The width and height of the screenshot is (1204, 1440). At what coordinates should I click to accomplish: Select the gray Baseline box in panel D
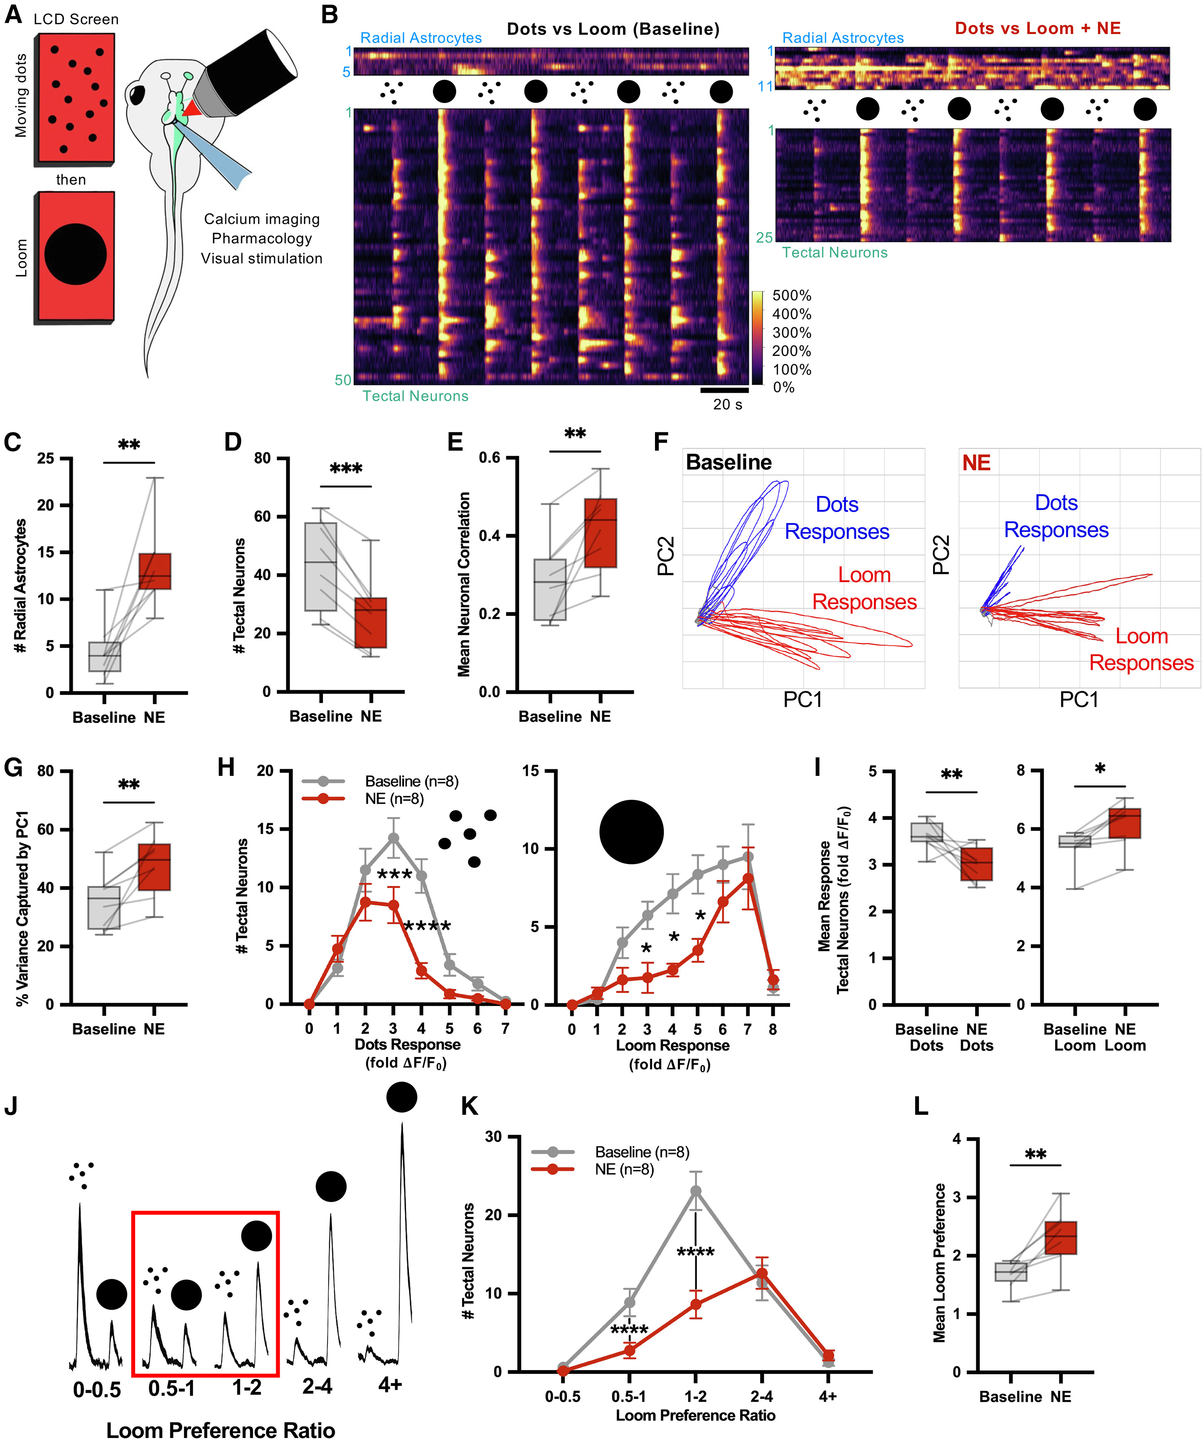pos(320,567)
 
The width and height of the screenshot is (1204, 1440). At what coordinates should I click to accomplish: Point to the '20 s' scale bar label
pos(727,405)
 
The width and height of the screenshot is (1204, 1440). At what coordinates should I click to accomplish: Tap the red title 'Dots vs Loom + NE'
pos(1037,29)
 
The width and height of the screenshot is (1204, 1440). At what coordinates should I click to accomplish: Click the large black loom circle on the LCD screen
pos(76,255)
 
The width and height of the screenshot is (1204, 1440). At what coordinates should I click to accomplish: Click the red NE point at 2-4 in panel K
pos(761,1273)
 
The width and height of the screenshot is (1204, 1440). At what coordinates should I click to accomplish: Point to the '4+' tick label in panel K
pos(828,1396)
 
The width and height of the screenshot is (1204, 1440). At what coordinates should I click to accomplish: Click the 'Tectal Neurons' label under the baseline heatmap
pos(415,396)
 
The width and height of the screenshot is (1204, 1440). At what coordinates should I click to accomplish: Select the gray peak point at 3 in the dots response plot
pos(393,838)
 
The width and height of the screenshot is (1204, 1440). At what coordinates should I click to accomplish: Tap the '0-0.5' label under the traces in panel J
pos(97,1389)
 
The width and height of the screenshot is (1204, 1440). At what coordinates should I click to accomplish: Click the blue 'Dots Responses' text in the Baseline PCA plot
pos(837,518)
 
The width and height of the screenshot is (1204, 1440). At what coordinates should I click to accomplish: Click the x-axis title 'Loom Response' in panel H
pos(672,1046)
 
